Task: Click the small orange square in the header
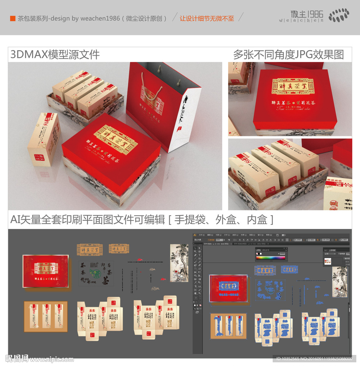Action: pos(13,18)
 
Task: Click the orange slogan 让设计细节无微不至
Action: pos(207,18)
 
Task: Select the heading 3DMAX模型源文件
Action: pos(55,55)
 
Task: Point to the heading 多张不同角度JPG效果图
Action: pos(288,55)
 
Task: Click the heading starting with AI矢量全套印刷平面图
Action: pos(142,220)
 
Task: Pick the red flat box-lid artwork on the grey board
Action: pos(45,272)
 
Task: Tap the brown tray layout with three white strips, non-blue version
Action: pos(46,316)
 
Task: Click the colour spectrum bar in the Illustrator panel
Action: pos(270,257)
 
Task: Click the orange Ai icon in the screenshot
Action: pos(195,234)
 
